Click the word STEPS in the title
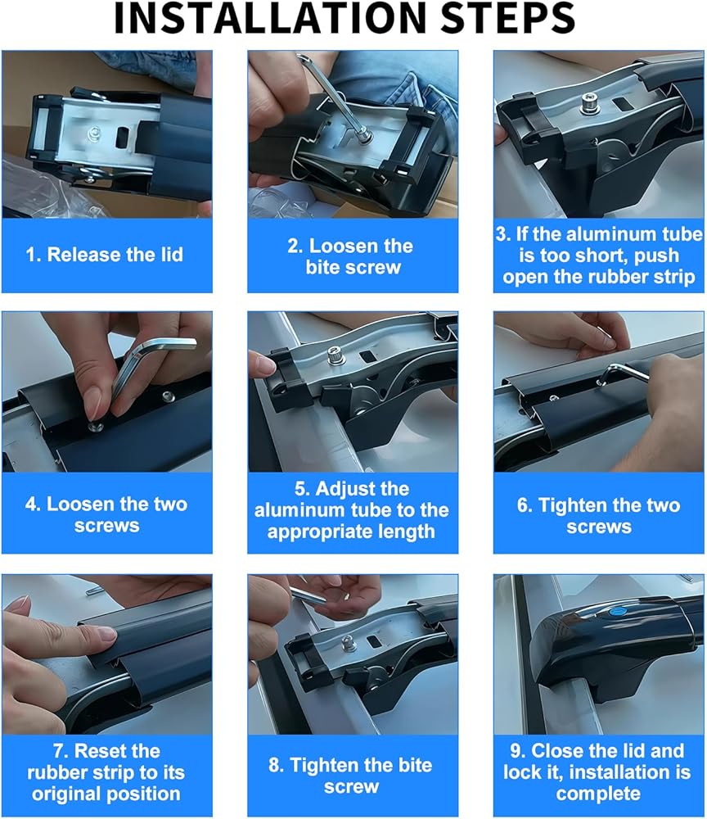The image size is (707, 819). pos(507,18)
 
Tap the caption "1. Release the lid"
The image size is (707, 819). pos(105,255)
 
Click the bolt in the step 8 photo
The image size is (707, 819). pos(349,643)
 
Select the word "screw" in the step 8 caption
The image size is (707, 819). pos(351,787)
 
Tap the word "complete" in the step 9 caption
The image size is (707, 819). pos(598,794)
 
